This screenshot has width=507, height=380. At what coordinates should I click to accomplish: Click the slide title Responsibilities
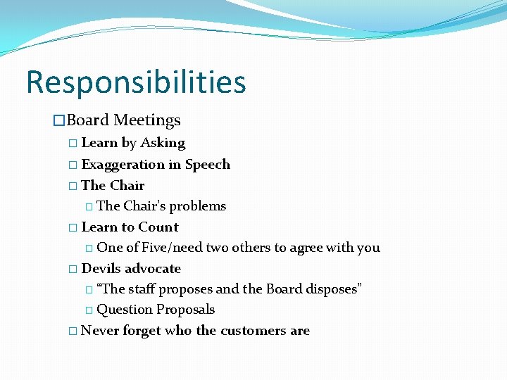[136, 82]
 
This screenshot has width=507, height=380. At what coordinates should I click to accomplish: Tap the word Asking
[163, 143]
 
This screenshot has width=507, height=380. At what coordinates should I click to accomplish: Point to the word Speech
[208, 165]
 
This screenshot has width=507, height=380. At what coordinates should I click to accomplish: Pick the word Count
[159, 227]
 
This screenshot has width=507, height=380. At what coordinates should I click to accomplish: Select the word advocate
[153, 269]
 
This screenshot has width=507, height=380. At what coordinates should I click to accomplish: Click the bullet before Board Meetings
[60, 121]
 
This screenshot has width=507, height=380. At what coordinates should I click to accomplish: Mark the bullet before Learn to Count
[74, 228]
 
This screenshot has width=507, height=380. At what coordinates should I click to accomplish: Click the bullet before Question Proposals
[89, 310]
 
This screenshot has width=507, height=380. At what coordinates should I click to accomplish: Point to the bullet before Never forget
[74, 331]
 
